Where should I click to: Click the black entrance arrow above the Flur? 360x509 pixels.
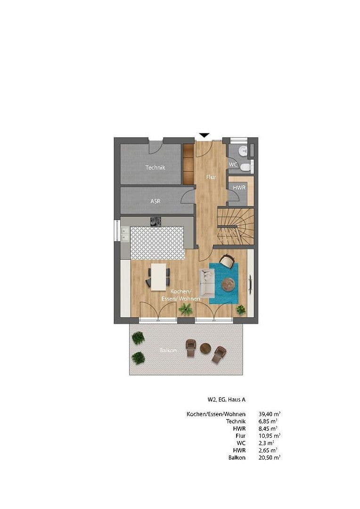click(x=204, y=135)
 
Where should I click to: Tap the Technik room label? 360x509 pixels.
click(x=155, y=167)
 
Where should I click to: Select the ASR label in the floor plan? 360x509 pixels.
click(x=155, y=201)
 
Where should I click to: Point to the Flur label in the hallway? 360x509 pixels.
click(x=211, y=177)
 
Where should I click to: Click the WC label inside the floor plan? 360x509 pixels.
click(x=233, y=164)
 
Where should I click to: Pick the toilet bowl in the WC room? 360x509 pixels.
click(x=245, y=167)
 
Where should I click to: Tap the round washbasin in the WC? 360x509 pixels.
click(x=242, y=151)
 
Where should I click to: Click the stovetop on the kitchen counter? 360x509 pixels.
click(x=155, y=221)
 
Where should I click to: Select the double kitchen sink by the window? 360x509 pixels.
click(x=125, y=234)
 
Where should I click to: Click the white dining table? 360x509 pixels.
click(x=158, y=276)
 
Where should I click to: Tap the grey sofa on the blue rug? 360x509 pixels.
click(x=207, y=283)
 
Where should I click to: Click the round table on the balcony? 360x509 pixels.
click(x=205, y=348)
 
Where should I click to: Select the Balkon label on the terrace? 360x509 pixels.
click(x=168, y=351)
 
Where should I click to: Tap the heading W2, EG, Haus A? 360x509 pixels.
click(x=226, y=400)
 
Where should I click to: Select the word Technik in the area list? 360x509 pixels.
click(x=236, y=421)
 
